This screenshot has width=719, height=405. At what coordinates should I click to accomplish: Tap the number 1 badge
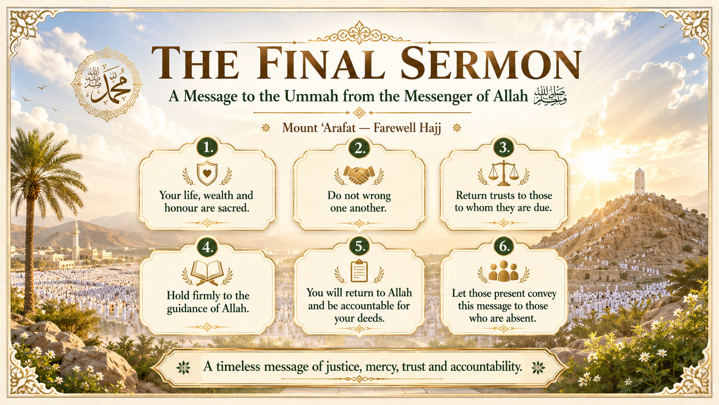207,148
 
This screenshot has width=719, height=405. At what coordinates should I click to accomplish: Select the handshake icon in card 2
359,175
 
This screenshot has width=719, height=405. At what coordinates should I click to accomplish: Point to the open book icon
207,273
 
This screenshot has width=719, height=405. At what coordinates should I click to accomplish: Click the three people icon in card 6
503,271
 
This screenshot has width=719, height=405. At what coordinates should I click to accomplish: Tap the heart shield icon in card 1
207,173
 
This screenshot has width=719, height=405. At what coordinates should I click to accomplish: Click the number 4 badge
207,247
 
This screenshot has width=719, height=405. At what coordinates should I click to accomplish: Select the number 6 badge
504,246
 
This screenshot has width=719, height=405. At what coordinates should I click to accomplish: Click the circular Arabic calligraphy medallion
107,84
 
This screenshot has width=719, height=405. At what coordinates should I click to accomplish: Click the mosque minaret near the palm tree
76,239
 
